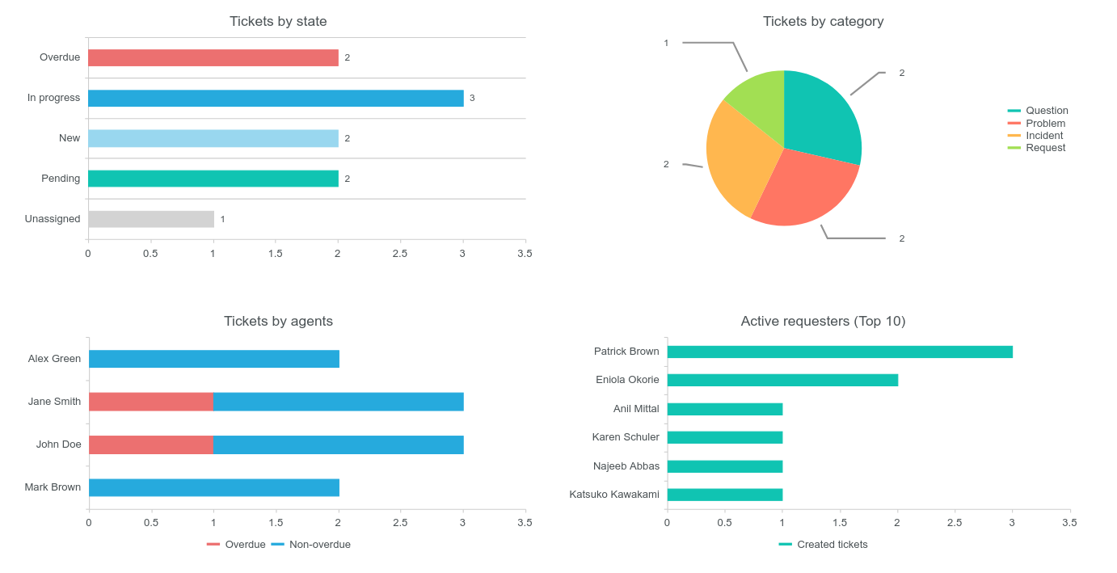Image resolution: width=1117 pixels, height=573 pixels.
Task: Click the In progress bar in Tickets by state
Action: click(x=276, y=98)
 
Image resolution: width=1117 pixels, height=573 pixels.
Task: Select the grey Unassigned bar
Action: click(x=151, y=219)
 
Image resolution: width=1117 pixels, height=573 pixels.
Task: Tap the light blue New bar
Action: click(x=213, y=138)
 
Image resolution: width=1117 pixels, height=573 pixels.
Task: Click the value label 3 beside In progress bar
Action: click(x=472, y=98)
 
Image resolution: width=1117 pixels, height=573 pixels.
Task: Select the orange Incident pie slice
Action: click(x=736, y=162)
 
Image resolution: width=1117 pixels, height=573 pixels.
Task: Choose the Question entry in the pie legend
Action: click(x=1046, y=111)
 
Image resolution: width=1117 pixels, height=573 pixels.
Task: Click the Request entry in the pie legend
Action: click(x=1045, y=148)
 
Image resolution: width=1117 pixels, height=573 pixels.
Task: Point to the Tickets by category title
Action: click(x=823, y=21)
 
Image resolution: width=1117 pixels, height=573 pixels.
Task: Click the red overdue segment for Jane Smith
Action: click(x=151, y=402)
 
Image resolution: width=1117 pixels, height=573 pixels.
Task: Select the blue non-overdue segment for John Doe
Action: click(x=338, y=444)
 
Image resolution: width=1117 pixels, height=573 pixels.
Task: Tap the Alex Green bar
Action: click(x=214, y=359)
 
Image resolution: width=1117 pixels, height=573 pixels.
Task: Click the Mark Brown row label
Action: click(x=53, y=487)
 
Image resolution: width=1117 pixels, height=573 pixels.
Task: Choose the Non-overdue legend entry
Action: click(x=319, y=545)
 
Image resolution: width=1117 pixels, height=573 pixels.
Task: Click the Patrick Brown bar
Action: click(x=840, y=352)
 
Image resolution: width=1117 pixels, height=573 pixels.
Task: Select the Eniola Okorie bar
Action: click(x=782, y=380)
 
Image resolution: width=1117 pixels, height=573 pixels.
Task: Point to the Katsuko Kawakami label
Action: click(x=614, y=495)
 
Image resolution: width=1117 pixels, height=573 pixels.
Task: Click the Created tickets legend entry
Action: click(x=832, y=545)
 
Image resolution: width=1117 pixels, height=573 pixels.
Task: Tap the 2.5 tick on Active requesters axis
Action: click(x=955, y=523)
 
